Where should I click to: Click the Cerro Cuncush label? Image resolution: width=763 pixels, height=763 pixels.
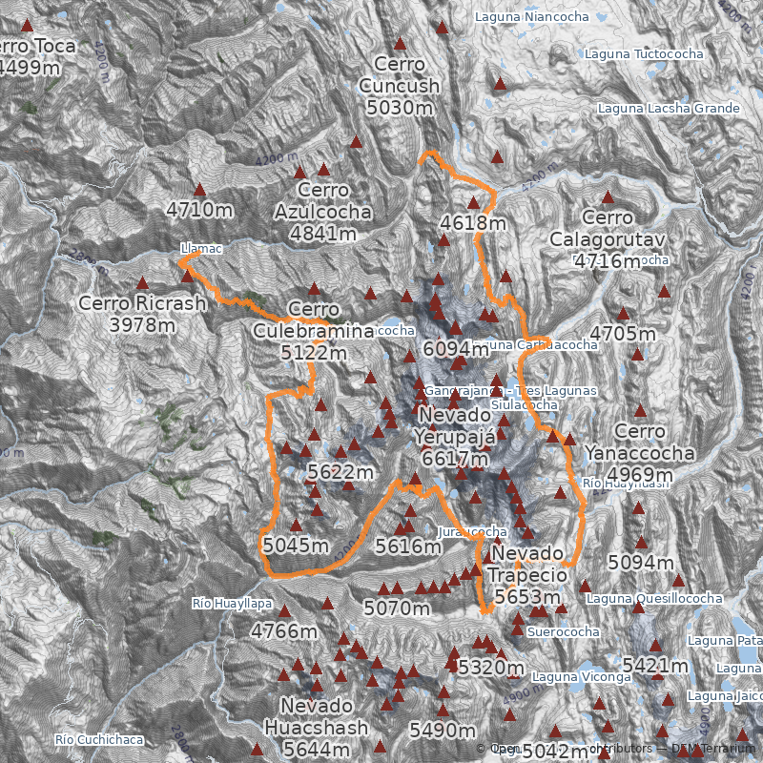400,74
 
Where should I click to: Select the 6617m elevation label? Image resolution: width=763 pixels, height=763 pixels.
456,460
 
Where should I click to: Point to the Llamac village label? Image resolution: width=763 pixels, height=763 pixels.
201,249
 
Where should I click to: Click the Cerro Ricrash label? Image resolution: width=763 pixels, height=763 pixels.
142,303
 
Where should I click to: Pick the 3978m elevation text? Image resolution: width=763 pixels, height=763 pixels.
142,325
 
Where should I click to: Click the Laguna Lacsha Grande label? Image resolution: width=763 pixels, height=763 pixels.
669,109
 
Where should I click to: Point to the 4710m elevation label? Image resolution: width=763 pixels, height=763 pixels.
199,208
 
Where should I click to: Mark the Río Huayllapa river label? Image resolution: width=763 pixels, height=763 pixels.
232,604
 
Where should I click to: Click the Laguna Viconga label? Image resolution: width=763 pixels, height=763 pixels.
582,677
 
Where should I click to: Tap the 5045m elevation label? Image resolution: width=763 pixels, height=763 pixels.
296,546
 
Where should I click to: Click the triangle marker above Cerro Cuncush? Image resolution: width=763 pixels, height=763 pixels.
400,43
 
